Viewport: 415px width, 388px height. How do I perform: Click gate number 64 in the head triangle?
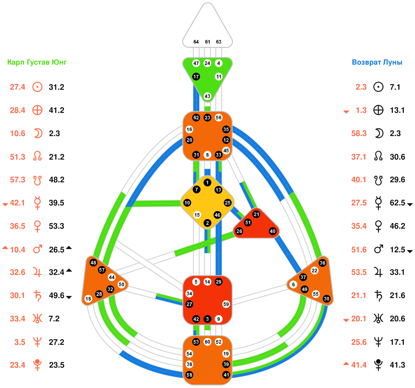click(x=196, y=42)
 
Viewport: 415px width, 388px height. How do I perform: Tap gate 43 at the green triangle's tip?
click(x=207, y=96)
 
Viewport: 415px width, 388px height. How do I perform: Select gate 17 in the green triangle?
click(x=196, y=77)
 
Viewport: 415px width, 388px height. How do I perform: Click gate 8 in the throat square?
click(x=207, y=155)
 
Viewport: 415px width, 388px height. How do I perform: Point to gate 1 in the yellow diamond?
click(x=207, y=183)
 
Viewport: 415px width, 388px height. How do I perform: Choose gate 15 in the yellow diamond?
click(x=197, y=215)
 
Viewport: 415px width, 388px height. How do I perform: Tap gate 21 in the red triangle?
click(x=256, y=214)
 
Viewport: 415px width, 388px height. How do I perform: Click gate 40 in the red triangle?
click(x=273, y=231)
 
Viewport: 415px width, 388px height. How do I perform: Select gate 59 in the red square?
click(x=226, y=304)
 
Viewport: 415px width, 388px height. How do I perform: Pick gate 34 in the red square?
click(x=189, y=294)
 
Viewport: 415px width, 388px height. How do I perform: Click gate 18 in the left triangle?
click(x=88, y=299)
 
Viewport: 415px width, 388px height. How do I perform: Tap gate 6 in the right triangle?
click(x=293, y=285)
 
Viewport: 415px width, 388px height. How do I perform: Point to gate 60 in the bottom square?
click(x=207, y=342)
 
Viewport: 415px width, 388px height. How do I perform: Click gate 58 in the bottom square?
click(x=189, y=375)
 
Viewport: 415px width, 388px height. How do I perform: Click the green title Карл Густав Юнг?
click(x=37, y=62)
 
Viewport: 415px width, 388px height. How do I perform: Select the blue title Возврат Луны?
click(x=377, y=62)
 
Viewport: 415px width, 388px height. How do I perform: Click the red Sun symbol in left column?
click(x=37, y=87)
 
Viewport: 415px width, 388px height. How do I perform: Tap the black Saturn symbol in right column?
click(x=378, y=296)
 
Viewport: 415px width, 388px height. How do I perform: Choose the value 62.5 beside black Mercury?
click(x=397, y=203)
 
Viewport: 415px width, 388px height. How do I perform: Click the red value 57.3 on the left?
click(x=17, y=180)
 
